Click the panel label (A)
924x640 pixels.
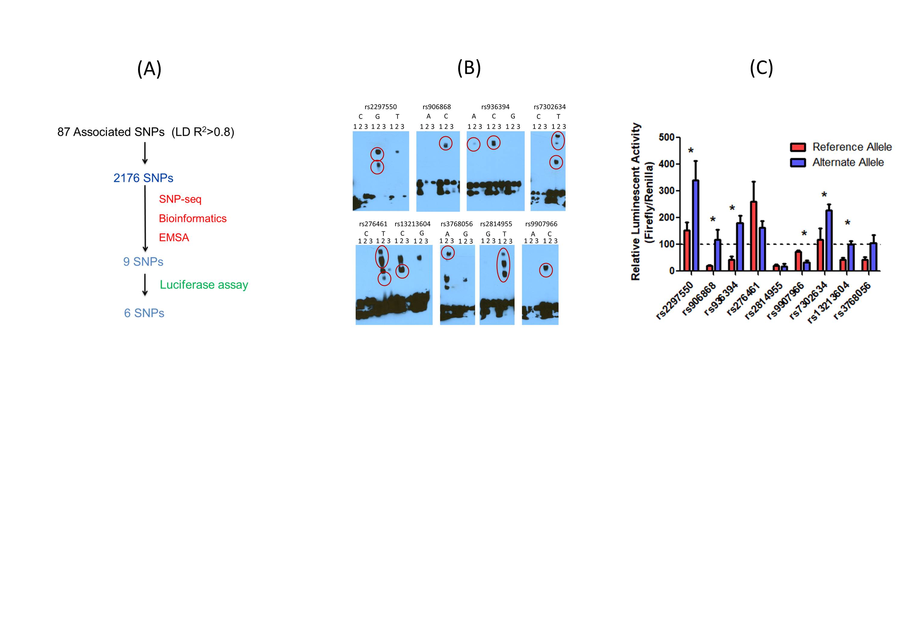tap(149, 69)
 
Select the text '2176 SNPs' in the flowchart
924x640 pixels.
tap(143, 178)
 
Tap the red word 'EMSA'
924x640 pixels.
tap(174, 237)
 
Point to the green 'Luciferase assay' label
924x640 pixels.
tap(204, 285)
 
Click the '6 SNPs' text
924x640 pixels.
tap(144, 313)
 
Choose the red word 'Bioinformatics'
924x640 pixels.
tap(192, 218)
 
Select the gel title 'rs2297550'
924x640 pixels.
tap(380, 107)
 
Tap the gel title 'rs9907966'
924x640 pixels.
tap(541, 224)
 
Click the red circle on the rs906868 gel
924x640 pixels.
tap(445, 144)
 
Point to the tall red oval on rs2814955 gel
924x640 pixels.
tap(504, 265)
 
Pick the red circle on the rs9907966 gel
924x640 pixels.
tap(546, 270)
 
